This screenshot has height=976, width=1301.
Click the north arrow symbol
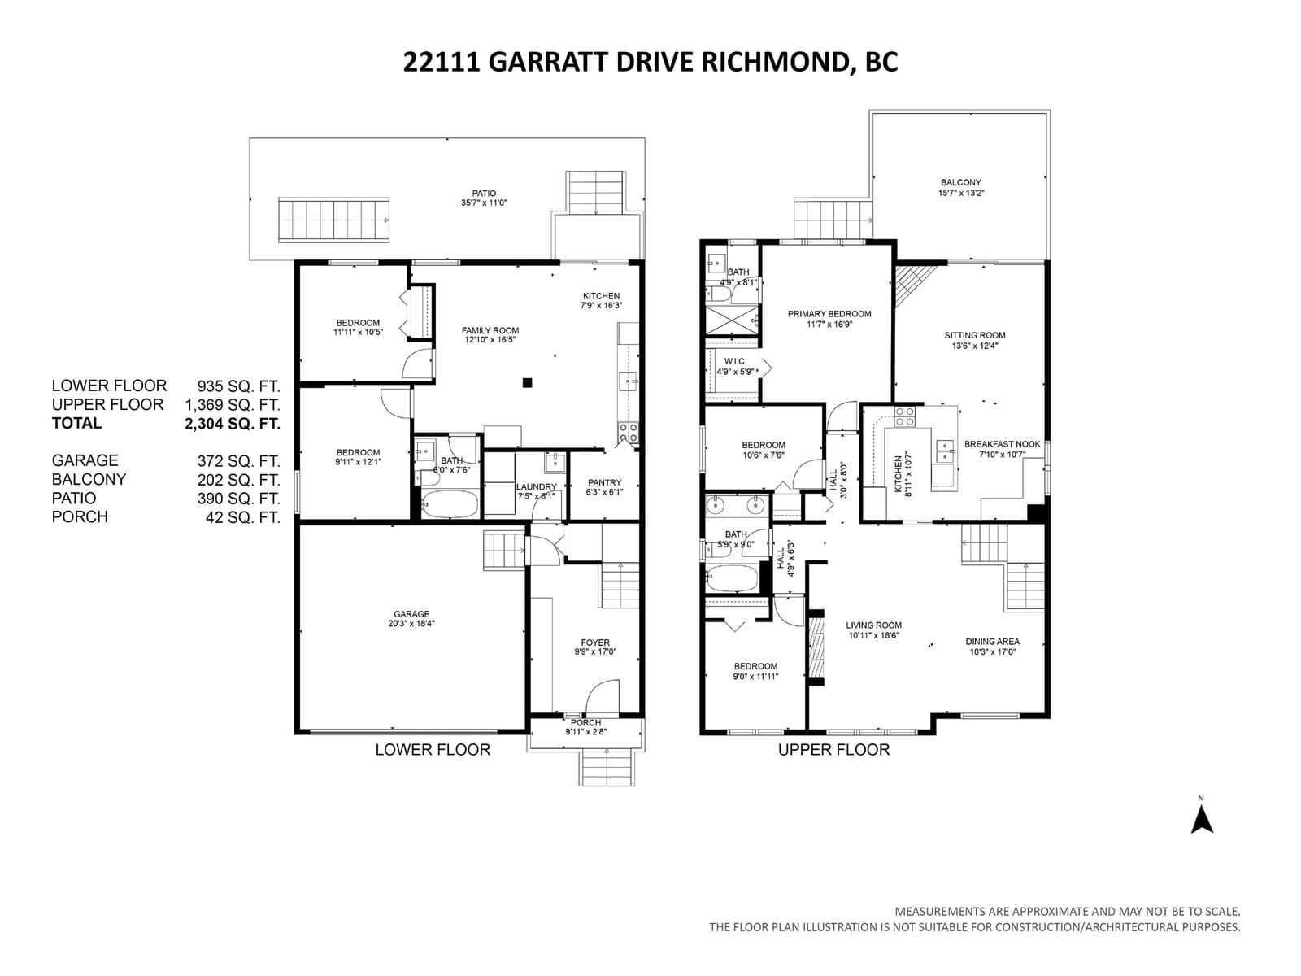1201,821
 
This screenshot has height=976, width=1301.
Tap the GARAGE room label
411,614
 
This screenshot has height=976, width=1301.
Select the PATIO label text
484,194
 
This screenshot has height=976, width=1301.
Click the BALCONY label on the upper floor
961,182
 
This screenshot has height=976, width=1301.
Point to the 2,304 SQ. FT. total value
233,424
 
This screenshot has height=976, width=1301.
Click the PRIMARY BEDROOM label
829,314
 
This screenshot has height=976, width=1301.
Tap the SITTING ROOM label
975,335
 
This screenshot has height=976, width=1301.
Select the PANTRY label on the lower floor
605,482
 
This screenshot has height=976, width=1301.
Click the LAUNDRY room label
537,486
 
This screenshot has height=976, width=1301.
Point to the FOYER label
595,643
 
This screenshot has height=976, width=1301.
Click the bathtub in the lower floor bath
450,503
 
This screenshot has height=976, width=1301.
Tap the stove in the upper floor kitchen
904,416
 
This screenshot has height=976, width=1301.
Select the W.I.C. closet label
735,361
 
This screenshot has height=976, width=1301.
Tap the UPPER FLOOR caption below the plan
833,750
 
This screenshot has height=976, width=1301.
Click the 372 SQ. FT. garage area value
239,461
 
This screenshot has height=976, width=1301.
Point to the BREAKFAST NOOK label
1003,444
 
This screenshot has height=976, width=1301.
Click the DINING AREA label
992,641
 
